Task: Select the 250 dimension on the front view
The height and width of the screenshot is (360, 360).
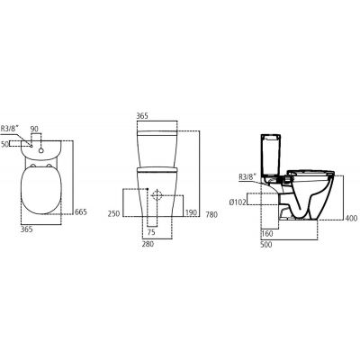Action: coord(112,213)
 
